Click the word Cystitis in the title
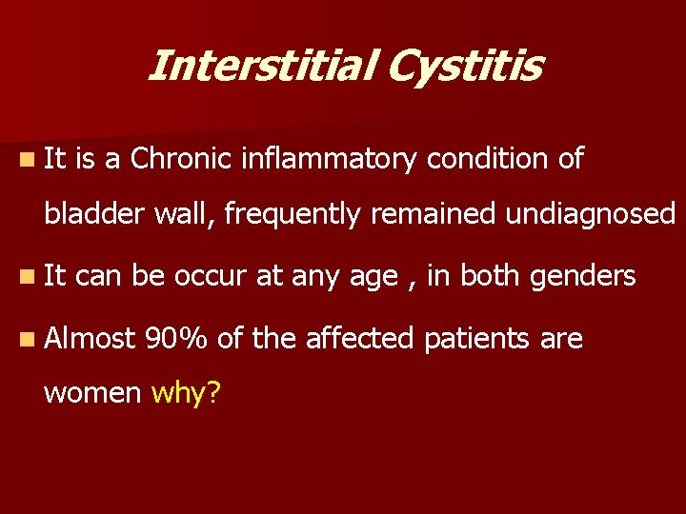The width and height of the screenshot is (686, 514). (x=469, y=67)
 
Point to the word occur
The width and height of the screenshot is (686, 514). (x=213, y=277)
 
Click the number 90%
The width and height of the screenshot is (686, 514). (x=178, y=338)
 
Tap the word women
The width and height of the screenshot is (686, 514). (x=92, y=392)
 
